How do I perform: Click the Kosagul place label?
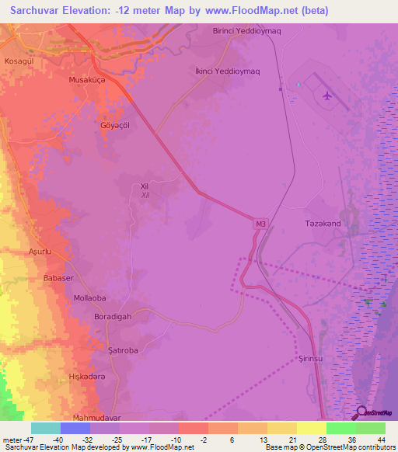pos(19,60)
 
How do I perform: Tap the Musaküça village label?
pos(89,80)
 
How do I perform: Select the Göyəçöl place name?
pos(115,125)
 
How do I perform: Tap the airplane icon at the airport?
pos(326,96)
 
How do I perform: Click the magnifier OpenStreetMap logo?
pos(361,413)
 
